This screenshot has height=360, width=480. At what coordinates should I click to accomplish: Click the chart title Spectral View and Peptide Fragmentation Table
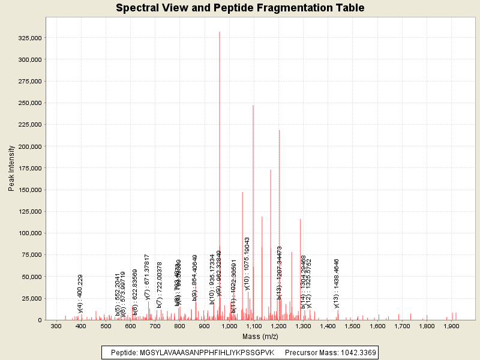click(240, 8)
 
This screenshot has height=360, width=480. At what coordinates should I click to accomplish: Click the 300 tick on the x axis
click(56, 326)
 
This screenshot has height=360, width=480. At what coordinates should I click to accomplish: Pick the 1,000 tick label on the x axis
click(229, 326)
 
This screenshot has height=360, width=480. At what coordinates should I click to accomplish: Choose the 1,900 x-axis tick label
click(451, 326)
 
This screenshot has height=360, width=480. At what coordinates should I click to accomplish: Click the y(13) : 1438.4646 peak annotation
click(337, 283)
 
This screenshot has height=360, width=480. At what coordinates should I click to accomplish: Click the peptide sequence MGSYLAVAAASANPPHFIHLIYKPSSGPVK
click(206, 352)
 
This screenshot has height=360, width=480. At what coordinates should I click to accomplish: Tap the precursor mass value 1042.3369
click(356, 352)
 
